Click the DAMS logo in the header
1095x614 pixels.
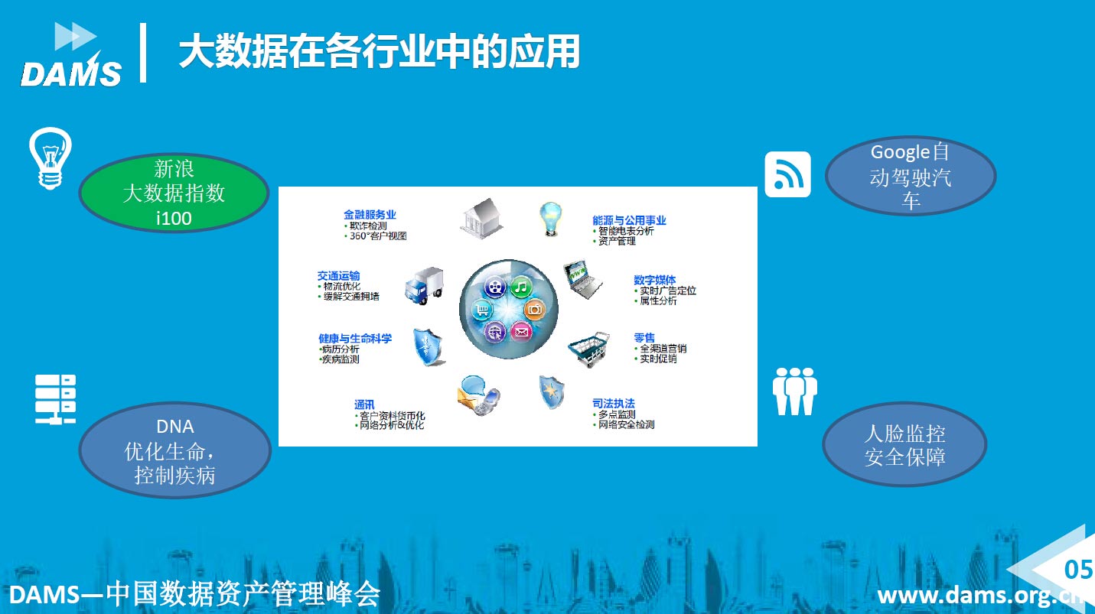click(x=71, y=55)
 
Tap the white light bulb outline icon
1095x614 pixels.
click(x=51, y=158)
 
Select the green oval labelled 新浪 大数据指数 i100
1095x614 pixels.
click(x=174, y=193)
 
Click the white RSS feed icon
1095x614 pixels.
click(x=787, y=174)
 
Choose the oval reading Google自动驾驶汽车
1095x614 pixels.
click(x=911, y=175)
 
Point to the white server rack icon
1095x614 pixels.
click(x=55, y=399)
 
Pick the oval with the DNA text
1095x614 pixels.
click(x=174, y=450)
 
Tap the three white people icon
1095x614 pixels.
click(x=795, y=391)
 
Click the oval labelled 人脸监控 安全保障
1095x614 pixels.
click(x=904, y=444)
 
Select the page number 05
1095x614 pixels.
click(x=1079, y=570)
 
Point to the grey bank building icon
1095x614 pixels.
click(x=481, y=219)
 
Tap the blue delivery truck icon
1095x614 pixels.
click(x=425, y=286)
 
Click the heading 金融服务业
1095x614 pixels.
click(x=370, y=214)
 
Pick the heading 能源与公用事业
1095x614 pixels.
click(x=629, y=220)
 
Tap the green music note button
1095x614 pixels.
click(x=522, y=287)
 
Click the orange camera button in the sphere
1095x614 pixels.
click(x=535, y=309)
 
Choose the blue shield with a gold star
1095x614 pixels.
click(x=552, y=392)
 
